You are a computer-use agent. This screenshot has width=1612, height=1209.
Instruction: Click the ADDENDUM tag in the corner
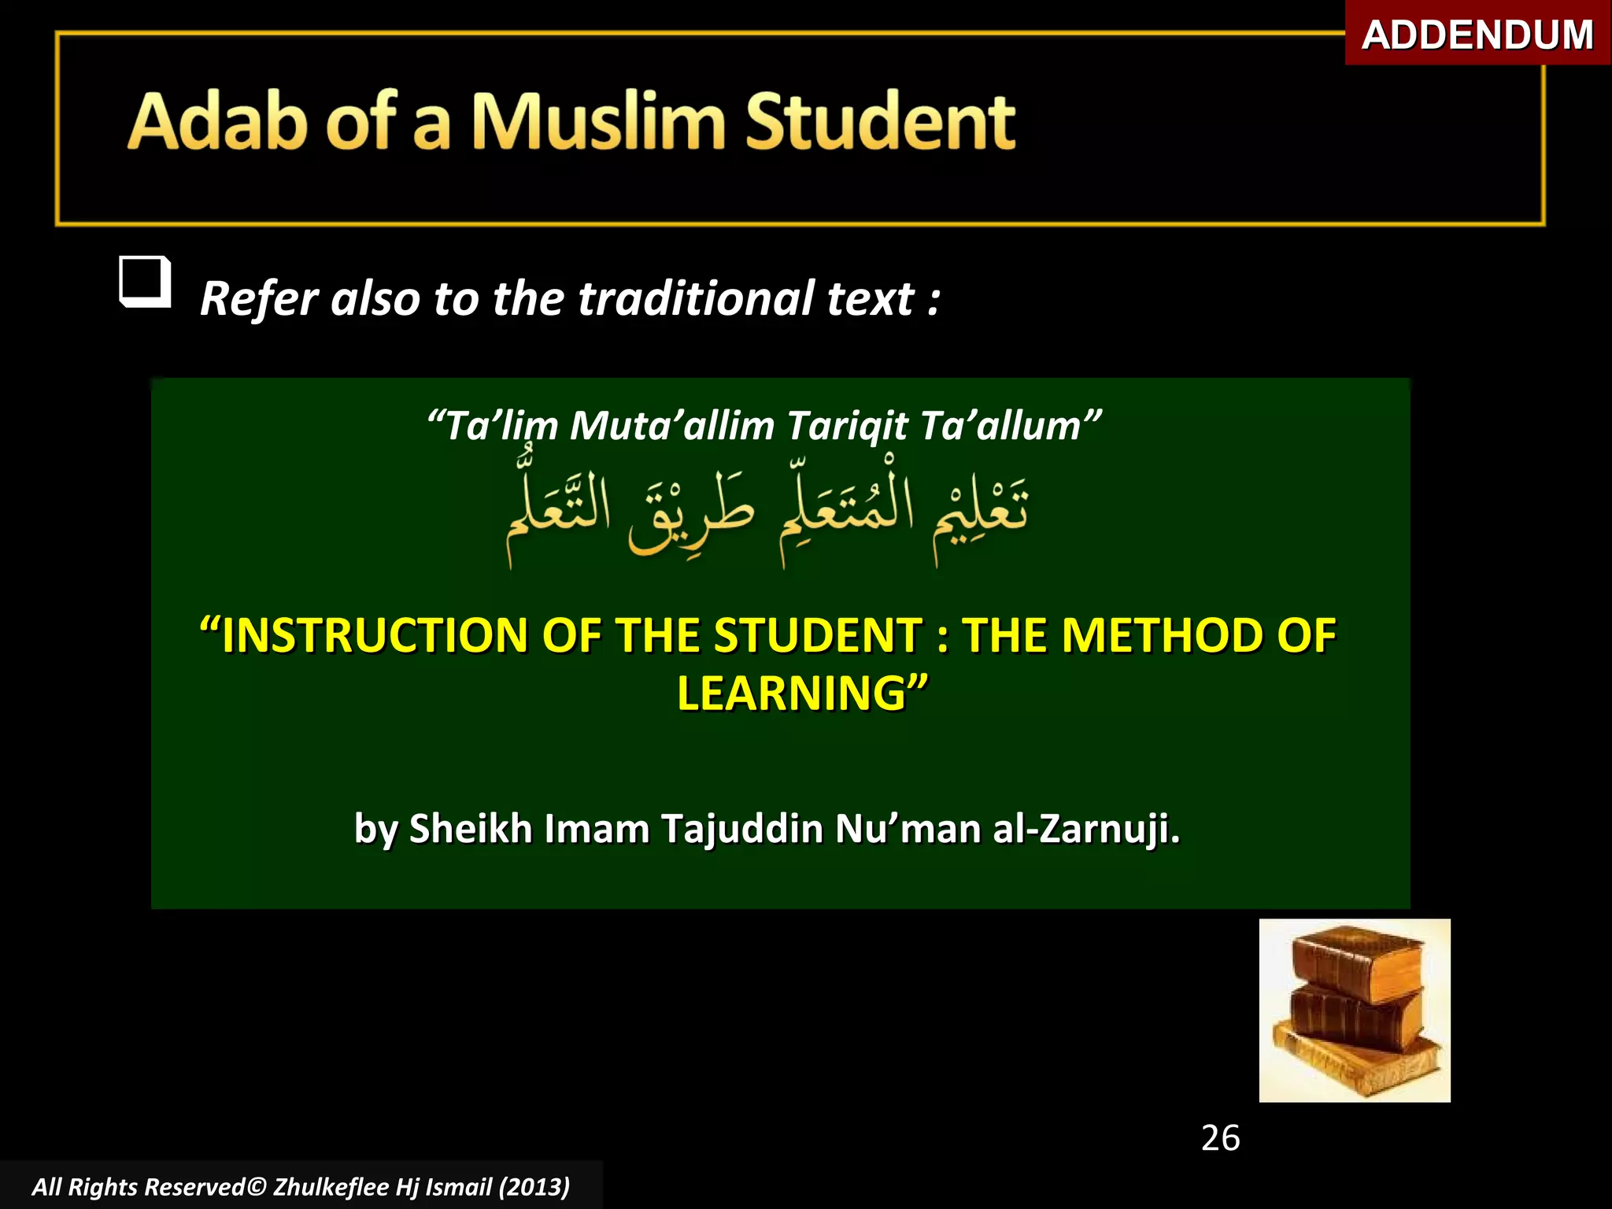1477,35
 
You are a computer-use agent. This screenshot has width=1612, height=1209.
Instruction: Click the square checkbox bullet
145,281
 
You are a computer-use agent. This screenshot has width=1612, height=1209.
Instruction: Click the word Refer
259,299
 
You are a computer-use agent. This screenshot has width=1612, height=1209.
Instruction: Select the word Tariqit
847,426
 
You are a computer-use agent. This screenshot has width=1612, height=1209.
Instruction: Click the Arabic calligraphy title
767,516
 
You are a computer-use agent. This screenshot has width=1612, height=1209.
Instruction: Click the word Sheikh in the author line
471,829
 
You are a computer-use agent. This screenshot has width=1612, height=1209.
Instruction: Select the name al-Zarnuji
1086,829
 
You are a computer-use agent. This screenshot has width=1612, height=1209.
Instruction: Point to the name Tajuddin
741,829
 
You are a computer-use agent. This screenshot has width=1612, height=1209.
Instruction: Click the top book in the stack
1356,965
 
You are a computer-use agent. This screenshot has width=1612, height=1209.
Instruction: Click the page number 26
1220,1138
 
